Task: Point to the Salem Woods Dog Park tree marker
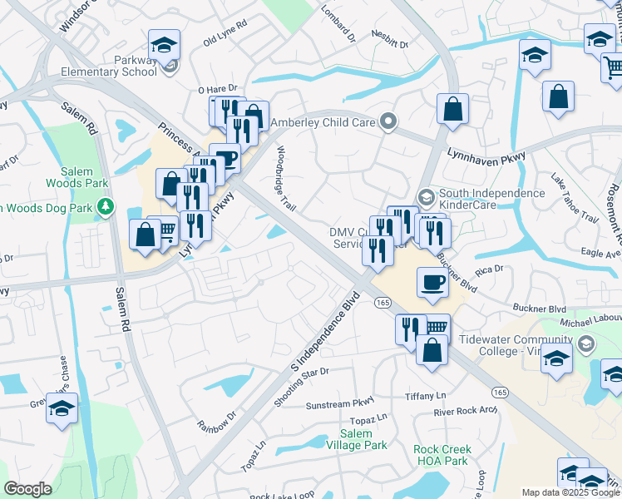tap(106, 206)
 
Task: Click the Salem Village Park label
tap(363, 440)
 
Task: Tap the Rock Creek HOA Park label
tap(442, 455)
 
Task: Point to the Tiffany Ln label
tap(425, 396)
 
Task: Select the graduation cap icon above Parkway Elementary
tap(165, 45)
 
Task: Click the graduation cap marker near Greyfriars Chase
tap(62, 408)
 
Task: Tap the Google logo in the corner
tap(27, 489)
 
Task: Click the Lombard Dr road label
tap(338, 26)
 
